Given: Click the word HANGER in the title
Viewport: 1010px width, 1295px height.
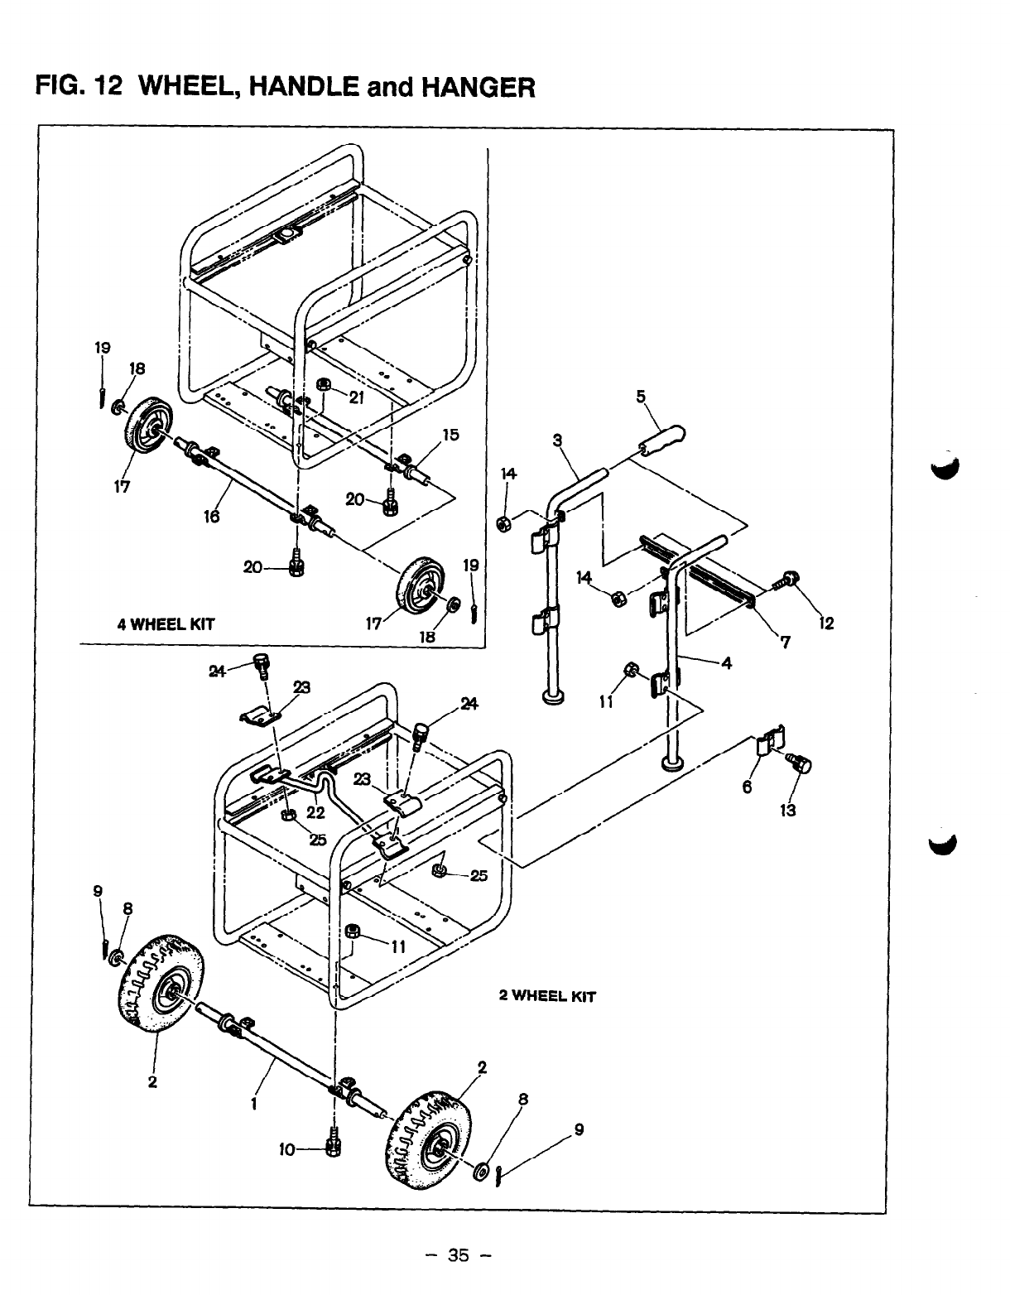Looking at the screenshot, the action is tap(479, 87).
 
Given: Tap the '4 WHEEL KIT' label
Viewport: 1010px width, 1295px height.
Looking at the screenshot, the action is tap(166, 624).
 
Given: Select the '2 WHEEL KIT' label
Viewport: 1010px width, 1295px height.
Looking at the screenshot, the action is tap(547, 996).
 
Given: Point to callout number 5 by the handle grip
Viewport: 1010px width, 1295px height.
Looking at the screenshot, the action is tap(641, 397).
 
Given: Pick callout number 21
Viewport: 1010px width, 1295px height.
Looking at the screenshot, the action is tap(356, 397).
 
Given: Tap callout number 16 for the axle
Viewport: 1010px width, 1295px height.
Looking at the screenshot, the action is tap(212, 516).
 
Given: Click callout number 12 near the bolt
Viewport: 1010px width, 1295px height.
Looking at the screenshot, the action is tap(826, 623).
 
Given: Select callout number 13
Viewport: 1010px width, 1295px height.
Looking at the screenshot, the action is tap(788, 811).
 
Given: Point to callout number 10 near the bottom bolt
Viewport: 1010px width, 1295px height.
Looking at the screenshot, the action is tap(287, 1149).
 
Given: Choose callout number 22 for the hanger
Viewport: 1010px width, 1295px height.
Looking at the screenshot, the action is tap(315, 813).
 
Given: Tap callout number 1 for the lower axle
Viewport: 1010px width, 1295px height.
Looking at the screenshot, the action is tap(254, 1105).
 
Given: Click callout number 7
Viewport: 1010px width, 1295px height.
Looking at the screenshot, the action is tap(786, 643).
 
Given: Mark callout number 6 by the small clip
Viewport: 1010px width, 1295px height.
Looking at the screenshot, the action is tap(748, 787).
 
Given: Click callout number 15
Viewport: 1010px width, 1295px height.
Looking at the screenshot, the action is tap(451, 435).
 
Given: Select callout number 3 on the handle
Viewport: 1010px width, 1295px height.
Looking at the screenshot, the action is tap(557, 440).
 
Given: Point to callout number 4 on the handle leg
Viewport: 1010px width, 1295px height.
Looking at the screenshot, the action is tap(726, 663).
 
